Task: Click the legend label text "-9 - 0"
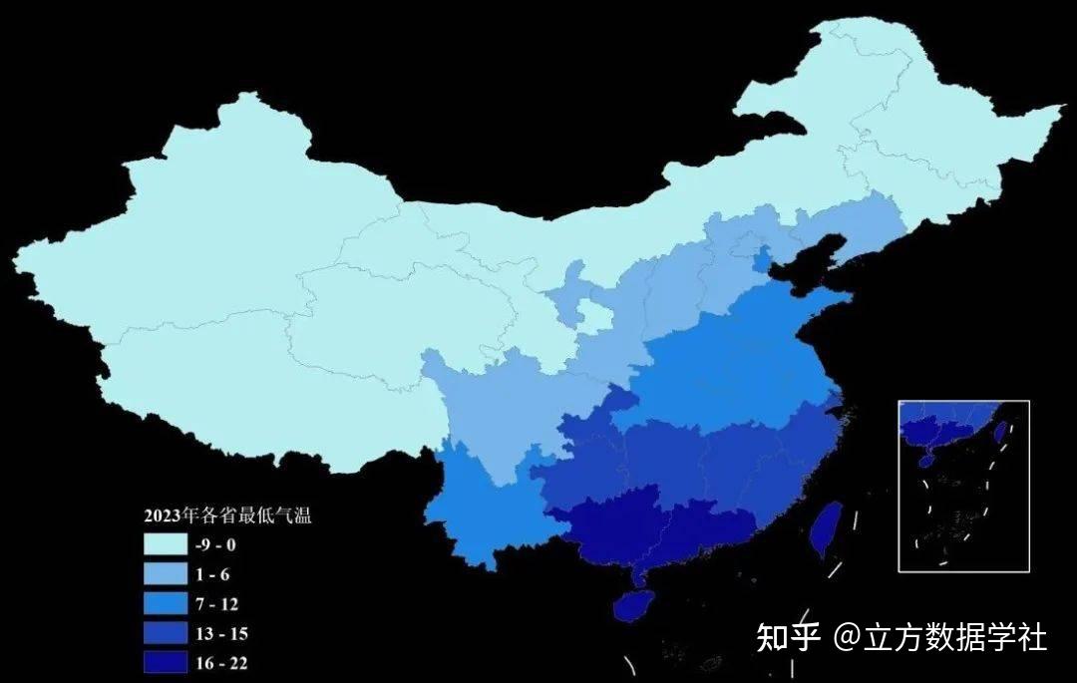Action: [x=216, y=544]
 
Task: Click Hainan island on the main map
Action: [x=632, y=606]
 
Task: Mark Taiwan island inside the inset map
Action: [x=999, y=432]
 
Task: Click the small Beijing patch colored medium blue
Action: [x=763, y=258]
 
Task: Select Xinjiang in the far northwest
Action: [x=199, y=219]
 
